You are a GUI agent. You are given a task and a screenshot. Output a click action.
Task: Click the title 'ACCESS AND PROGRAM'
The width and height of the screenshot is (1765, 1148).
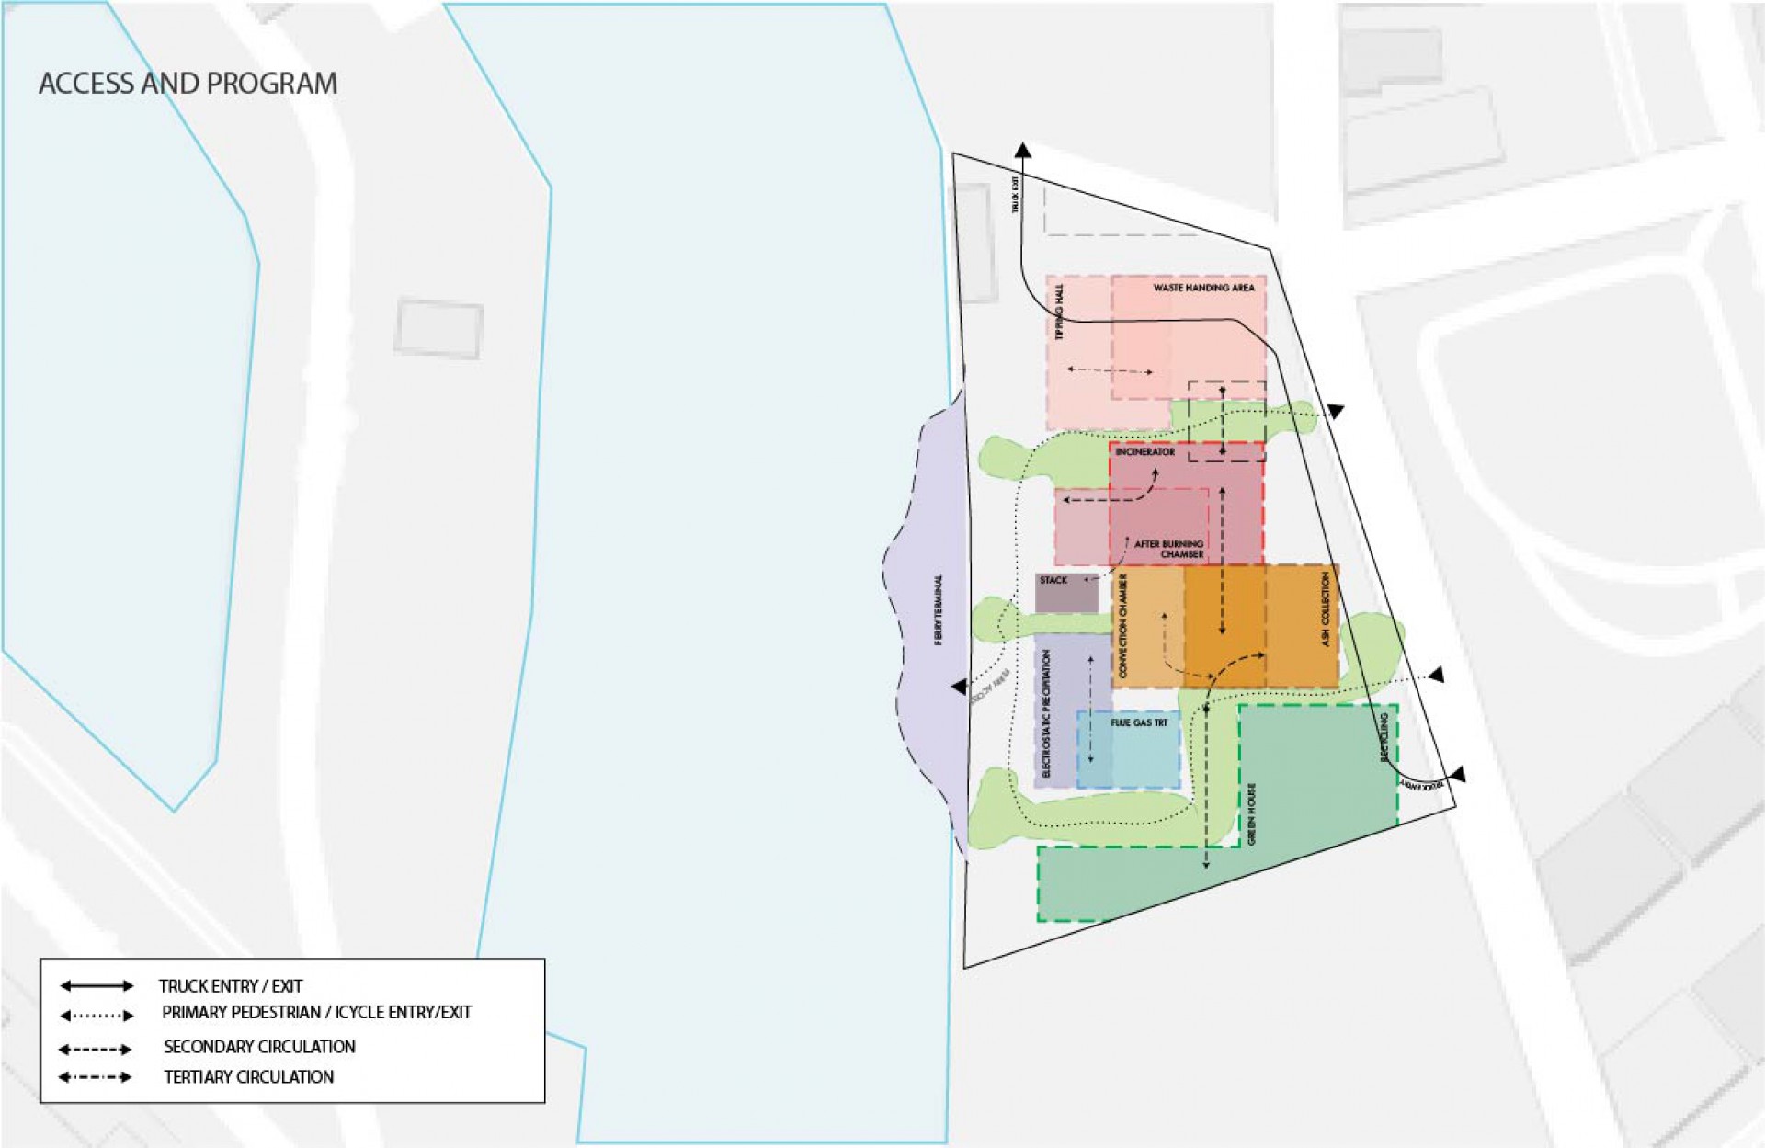click(188, 84)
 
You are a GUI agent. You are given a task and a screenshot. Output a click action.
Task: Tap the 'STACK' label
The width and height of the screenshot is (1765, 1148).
click(1053, 580)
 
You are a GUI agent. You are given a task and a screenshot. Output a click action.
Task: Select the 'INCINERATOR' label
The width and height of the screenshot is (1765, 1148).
click(1144, 452)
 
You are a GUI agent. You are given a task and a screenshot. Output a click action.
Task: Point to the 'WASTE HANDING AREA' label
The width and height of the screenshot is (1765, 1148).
click(1203, 288)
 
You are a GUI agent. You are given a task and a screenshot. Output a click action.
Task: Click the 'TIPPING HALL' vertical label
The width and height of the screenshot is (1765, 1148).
click(1059, 313)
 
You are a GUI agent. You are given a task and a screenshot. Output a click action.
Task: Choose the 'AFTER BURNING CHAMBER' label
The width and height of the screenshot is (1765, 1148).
click(1168, 549)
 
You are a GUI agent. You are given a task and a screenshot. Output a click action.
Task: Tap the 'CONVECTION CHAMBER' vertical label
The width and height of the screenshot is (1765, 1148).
click(1123, 626)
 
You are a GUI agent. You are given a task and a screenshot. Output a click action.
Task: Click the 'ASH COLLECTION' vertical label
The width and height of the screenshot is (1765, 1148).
click(1326, 608)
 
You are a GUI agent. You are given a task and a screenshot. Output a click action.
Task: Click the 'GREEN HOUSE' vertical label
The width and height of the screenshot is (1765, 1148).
click(1252, 813)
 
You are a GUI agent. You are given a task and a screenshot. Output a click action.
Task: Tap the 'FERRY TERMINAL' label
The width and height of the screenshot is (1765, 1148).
click(939, 609)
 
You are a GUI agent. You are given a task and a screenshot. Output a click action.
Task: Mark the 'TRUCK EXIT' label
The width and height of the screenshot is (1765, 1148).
click(1016, 194)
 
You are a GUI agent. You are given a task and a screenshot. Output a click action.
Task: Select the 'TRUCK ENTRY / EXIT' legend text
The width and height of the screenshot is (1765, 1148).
click(230, 986)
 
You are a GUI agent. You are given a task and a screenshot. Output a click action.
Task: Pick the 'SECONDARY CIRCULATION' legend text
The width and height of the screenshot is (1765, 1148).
click(259, 1046)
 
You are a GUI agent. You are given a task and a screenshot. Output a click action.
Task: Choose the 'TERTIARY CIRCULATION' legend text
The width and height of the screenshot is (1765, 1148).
click(248, 1076)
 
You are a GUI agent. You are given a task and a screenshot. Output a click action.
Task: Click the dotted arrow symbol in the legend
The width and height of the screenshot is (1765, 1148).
click(97, 1016)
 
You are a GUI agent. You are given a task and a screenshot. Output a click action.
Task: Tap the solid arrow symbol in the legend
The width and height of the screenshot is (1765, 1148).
click(97, 986)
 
